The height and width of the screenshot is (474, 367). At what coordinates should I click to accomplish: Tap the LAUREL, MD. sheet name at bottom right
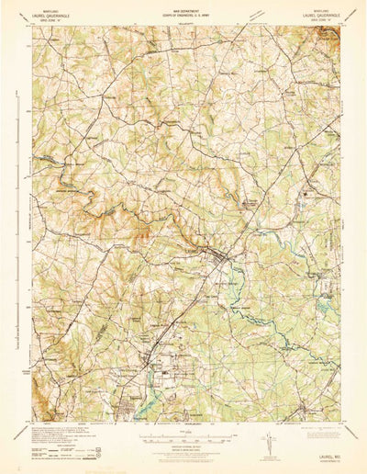(x=318, y=448)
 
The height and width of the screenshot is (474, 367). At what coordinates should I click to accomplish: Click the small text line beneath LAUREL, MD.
(x=318, y=454)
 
